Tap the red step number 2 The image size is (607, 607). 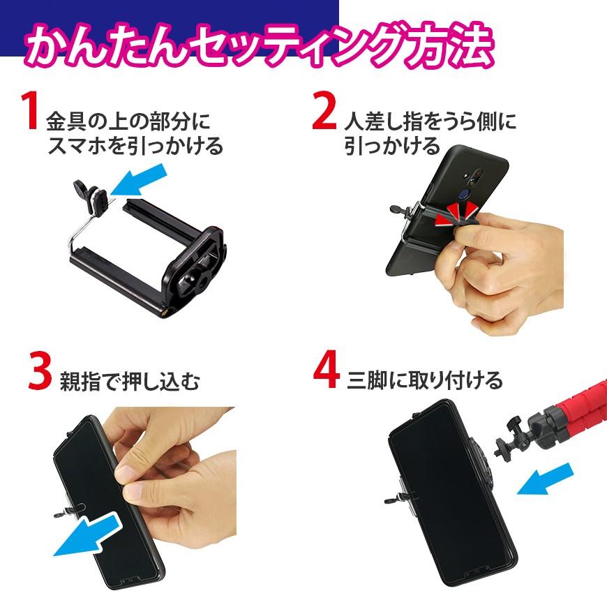[324, 113]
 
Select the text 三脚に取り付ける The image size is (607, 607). [425, 381]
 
